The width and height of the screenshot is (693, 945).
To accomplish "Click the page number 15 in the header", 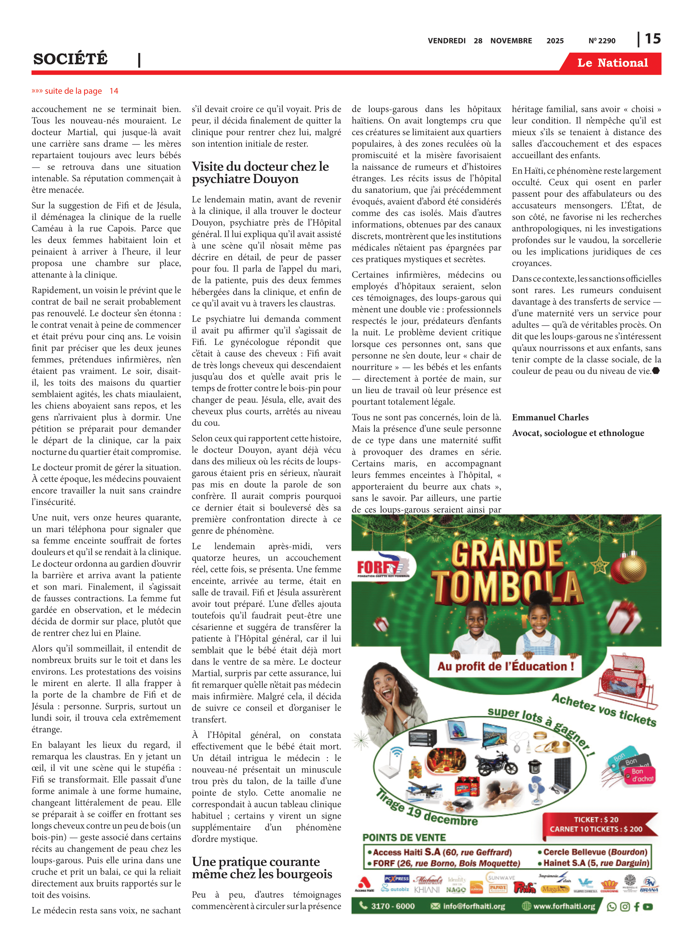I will point(652,39).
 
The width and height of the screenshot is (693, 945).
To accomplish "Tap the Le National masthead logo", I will point(612,63).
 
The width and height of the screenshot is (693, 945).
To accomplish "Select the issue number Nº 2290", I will point(602,41).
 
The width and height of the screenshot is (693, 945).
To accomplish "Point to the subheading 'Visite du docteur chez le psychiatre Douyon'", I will point(260,172).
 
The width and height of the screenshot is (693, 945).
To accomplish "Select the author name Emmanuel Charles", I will point(550,417).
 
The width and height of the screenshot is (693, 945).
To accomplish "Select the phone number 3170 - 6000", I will point(392,906).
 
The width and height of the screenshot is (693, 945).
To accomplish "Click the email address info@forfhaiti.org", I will point(473,906).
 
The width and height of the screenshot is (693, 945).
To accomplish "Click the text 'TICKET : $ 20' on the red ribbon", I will point(596,819).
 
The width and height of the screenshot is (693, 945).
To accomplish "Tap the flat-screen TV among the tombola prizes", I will point(495,734).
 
